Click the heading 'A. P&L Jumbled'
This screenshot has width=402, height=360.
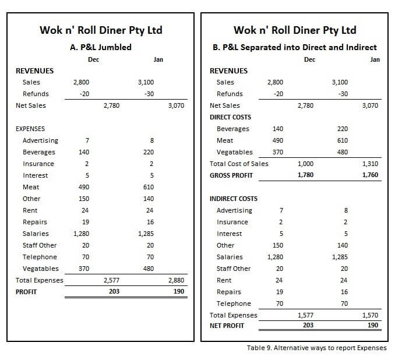click(101, 47)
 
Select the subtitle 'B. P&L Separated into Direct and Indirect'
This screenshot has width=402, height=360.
click(295, 47)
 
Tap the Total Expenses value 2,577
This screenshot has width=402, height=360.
click(111, 280)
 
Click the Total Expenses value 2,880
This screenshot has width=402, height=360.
click(176, 280)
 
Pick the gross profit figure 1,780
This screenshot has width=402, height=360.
click(305, 175)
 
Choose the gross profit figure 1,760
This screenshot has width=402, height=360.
click(370, 175)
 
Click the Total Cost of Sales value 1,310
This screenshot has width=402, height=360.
click(370, 164)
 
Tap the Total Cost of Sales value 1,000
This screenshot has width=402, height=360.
click(305, 164)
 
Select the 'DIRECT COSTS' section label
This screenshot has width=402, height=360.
click(230, 117)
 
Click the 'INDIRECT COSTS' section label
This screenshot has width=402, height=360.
click(233, 199)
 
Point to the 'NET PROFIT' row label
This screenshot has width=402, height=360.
click(227, 326)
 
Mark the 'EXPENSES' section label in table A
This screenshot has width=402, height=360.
click(30, 129)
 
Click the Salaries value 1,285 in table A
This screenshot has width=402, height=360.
click(146, 234)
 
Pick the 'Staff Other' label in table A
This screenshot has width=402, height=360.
click(40, 245)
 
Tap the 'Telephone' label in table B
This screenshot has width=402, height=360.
click(234, 303)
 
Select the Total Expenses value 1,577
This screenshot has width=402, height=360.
click(305, 315)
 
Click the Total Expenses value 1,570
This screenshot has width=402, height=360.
click(370, 315)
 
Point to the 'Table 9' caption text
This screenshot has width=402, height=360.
click(316, 348)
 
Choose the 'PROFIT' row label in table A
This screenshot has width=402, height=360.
click(26, 292)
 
